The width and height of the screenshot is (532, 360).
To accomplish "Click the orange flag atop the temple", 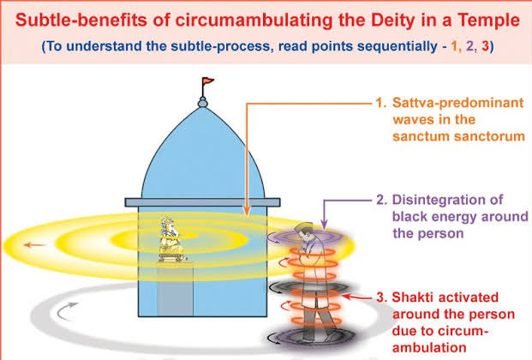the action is [x=208, y=81].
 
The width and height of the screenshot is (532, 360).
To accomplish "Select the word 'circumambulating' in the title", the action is [x=254, y=21].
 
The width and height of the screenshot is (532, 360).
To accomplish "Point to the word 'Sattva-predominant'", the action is [x=458, y=103].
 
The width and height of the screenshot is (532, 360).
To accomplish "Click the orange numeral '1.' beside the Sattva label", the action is [x=380, y=103].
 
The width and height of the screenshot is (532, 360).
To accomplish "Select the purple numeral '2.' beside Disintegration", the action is [x=381, y=200].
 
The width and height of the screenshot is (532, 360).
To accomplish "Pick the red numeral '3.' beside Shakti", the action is [x=381, y=297].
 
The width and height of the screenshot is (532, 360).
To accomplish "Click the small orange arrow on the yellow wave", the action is [x=34, y=245].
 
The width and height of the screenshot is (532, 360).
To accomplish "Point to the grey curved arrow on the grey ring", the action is [x=66, y=311].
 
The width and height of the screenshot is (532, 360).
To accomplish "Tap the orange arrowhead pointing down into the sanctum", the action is [x=247, y=211].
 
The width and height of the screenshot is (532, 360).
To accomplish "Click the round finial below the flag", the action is [x=202, y=102].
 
